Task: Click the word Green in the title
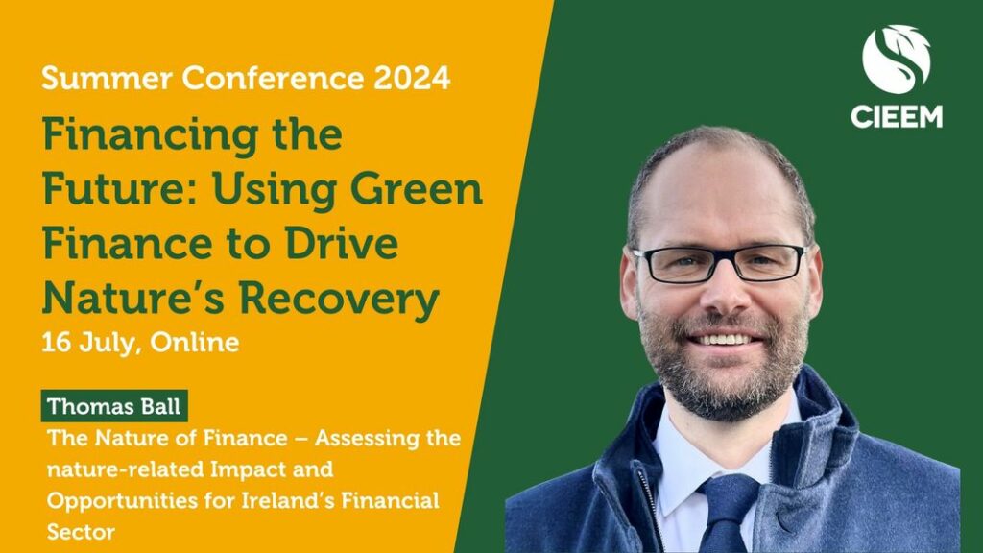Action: click(x=417, y=189)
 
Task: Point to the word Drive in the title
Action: click(x=342, y=243)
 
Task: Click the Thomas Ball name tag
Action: click(x=114, y=406)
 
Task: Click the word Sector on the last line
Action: click(x=81, y=532)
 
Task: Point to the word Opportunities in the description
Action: click(x=113, y=501)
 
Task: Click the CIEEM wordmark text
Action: click(x=897, y=116)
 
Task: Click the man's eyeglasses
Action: click(x=719, y=263)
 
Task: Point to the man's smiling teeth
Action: click(x=724, y=339)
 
